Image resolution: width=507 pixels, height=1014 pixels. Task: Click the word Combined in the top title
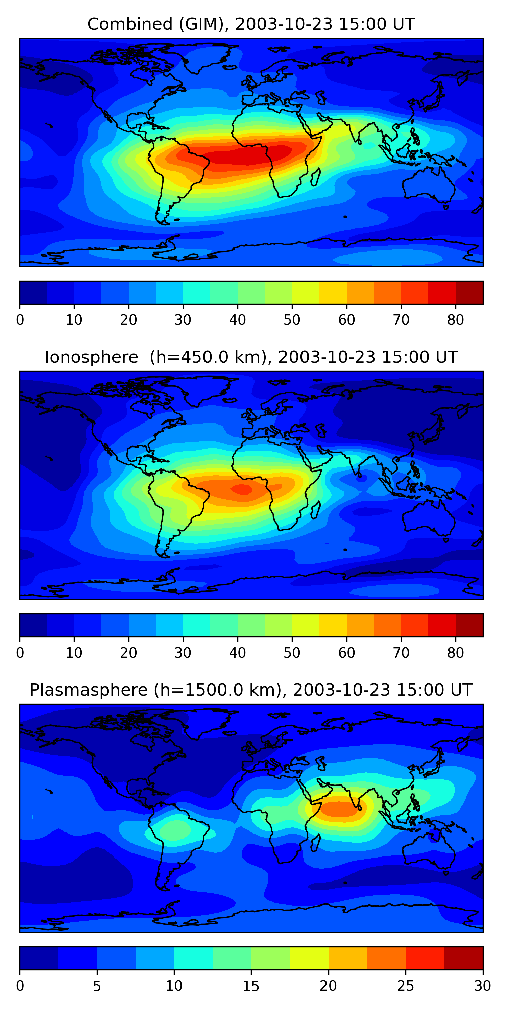coord(129,24)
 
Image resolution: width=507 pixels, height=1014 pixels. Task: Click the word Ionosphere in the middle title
coord(91,357)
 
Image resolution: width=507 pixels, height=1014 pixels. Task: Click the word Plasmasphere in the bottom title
coord(88,690)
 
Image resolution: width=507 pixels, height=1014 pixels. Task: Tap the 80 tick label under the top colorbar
coord(455,320)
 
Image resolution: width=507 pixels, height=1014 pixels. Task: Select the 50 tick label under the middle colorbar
coord(292,653)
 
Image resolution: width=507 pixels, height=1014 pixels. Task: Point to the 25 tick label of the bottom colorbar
coord(406,986)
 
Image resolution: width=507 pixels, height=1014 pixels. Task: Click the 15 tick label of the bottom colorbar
coord(251,986)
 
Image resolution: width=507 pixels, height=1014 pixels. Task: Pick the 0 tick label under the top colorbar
coord(20,320)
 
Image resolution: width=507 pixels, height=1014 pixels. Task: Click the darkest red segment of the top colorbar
coord(469,292)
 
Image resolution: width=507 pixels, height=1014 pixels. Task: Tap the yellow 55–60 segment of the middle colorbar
coord(333,625)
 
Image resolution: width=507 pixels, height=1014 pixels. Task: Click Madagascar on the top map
coord(316,176)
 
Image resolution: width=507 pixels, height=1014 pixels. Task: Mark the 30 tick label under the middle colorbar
coord(183,653)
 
